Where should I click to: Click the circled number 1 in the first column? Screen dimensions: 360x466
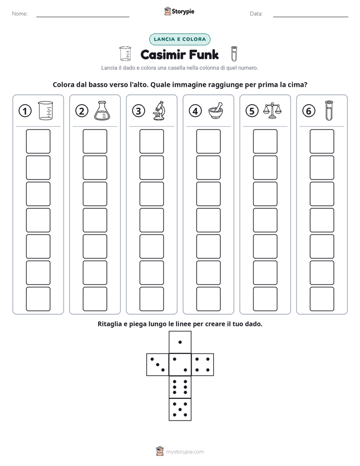click(x=25, y=111)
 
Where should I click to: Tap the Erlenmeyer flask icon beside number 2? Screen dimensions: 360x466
click(x=102, y=110)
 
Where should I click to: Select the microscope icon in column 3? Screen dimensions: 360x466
click(x=159, y=110)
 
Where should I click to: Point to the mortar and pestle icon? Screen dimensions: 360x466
click(x=216, y=111)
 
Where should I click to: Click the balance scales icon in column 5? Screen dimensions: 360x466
click(x=272, y=110)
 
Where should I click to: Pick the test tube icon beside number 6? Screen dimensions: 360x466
click(x=329, y=110)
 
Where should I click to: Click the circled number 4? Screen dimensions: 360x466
click(x=195, y=111)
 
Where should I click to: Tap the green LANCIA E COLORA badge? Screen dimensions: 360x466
click(x=179, y=39)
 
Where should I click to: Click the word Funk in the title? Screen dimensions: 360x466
click(x=204, y=54)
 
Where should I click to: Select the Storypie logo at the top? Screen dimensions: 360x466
click(x=179, y=12)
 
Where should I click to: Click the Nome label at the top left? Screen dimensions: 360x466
click(x=20, y=14)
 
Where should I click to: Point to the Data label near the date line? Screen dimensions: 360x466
click(x=256, y=14)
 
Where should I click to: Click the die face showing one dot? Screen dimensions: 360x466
click(x=180, y=342)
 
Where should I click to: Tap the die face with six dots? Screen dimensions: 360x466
click(x=180, y=387)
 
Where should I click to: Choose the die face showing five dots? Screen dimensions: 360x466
click(x=180, y=410)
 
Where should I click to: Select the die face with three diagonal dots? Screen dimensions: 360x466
click(x=158, y=365)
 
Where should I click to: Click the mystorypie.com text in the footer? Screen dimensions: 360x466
click(x=185, y=452)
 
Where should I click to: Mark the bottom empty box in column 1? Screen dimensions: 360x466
click(x=38, y=299)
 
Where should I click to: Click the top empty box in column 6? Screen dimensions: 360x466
click(x=322, y=141)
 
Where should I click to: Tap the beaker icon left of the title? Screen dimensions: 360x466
click(x=125, y=53)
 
